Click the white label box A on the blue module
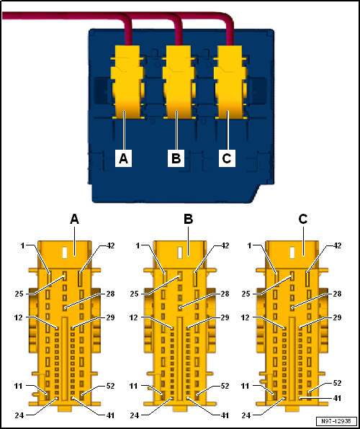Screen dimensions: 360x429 click(x=124, y=158)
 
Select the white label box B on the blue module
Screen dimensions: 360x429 click(x=176, y=158)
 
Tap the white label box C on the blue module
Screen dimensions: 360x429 click(x=227, y=158)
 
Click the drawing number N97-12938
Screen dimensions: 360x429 click(x=337, y=421)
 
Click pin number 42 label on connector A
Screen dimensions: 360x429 click(x=109, y=245)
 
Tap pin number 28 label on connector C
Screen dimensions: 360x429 click(x=337, y=294)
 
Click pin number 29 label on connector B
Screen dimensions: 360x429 click(x=224, y=317)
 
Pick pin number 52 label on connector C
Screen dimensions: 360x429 click(x=337, y=383)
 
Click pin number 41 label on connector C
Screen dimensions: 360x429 click(x=337, y=398)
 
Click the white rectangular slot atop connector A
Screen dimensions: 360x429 click(x=65, y=253)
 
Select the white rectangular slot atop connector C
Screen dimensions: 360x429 click(x=292, y=253)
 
